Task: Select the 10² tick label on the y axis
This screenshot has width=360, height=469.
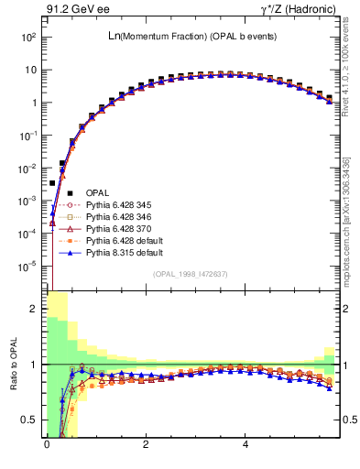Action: (x=28, y=38)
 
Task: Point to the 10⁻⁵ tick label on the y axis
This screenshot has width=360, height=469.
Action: (x=28, y=267)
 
